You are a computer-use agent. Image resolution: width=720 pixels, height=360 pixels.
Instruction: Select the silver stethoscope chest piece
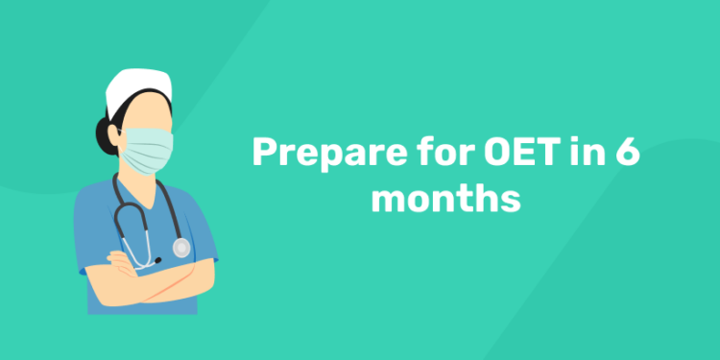pyautogui.click(x=181, y=248)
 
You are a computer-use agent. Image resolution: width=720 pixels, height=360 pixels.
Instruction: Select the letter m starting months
pyautogui.click(x=388, y=202)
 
